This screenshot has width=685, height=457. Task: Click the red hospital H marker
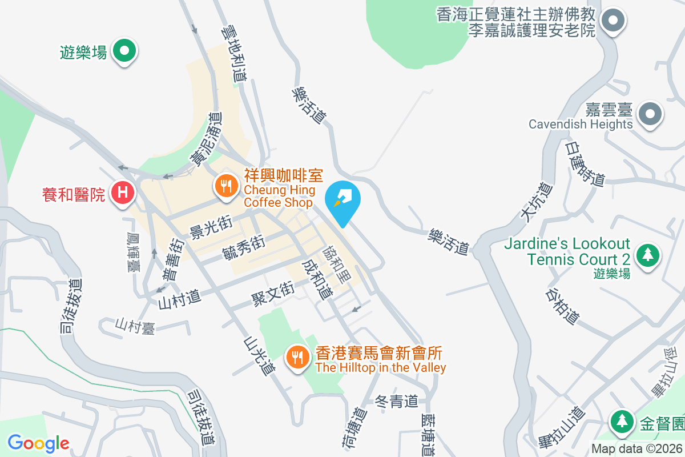tap(122, 193)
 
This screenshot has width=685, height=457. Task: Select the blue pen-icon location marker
tap(342, 201)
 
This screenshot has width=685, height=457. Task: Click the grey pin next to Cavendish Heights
tap(650, 113)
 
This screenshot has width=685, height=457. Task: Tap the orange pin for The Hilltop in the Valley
tap(297, 358)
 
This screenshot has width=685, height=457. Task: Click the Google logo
tap(38, 443)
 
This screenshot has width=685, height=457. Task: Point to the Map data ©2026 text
tap(636, 448)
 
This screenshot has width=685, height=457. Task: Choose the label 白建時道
tap(584, 164)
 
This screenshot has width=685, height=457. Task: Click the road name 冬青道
tap(397, 402)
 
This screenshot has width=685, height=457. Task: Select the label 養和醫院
tap(74, 195)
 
